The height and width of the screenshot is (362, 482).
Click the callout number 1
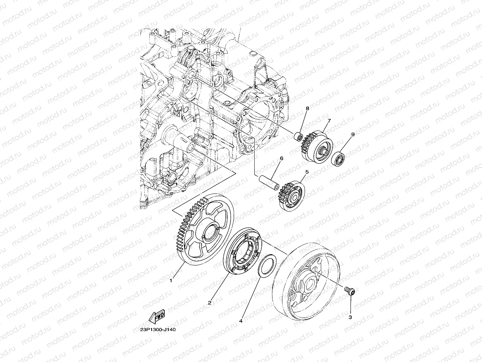point(171,280)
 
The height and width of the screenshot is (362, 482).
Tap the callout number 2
point(210,303)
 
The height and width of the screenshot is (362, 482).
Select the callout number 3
point(350,317)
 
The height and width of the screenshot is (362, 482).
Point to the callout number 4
point(241,321)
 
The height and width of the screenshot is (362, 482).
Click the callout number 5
point(307,172)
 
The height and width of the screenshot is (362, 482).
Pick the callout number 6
point(282,158)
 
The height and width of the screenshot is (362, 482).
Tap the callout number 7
point(329,121)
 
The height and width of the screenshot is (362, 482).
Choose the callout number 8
point(307,108)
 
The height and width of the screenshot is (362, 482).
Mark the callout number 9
point(353,134)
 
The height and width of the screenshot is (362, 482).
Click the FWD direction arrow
point(156,316)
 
